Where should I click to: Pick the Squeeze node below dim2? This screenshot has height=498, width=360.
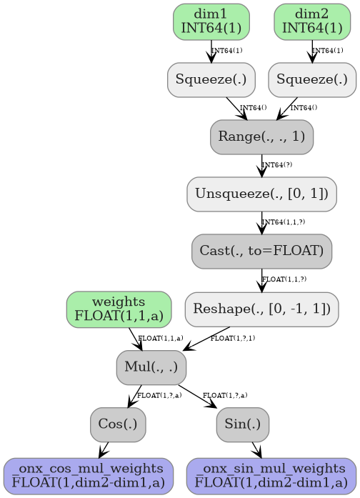pyautogui.click(x=312, y=79)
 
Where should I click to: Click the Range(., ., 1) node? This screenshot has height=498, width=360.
pyautogui.click(x=261, y=136)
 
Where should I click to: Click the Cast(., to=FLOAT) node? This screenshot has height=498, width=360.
pyautogui.click(x=261, y=251)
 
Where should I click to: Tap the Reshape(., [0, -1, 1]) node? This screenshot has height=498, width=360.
pyautogui.click(x=261, y=309)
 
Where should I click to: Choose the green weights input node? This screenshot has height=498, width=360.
pyautogui.click(x=119, y=309)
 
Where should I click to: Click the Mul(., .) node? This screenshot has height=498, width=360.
pyautogui.click(x=151, y=367)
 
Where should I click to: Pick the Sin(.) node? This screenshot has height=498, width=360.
pyautogui.click(x=243, y=424)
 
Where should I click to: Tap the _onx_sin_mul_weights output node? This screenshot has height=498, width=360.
pyautogui.click(x=271, y=476)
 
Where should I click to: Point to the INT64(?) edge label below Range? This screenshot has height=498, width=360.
pyautogui.click(x=277, y=165)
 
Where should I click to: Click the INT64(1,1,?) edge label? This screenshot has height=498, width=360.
pyautogui.click(x=284, y=222)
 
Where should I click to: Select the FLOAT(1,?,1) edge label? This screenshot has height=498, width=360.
pyautogui.click(x=233, y=337)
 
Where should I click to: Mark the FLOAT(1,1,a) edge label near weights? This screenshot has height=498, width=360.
pyautogui.click(x=161, y=337)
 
